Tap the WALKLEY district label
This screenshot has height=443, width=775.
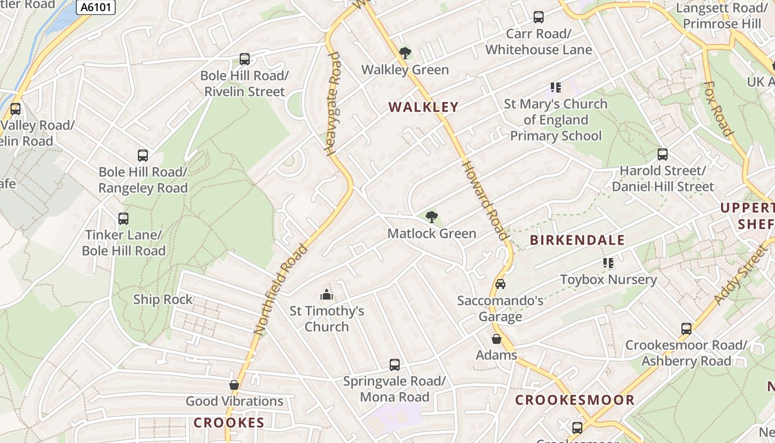(423, 107)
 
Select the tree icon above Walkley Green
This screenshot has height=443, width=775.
(405, 53)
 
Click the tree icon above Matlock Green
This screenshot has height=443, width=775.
(432, 217)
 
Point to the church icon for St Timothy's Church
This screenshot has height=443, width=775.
(327, 295)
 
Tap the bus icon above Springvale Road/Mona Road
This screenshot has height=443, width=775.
(395, 365)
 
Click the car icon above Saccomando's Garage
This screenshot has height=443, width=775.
(500, 284)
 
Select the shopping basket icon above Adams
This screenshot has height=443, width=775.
(497, 339)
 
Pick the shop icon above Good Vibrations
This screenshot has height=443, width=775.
(234, 385)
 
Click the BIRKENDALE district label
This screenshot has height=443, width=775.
(577, 240)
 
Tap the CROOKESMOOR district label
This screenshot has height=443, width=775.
(575, 400)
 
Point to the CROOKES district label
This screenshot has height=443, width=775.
(229, 423)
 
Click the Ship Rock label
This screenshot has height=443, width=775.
(163, 300)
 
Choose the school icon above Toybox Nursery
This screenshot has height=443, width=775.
(608, 263)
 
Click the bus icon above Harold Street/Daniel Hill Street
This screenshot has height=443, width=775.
(663, 154)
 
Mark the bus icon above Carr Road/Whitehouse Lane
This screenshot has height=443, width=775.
(539, 17)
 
